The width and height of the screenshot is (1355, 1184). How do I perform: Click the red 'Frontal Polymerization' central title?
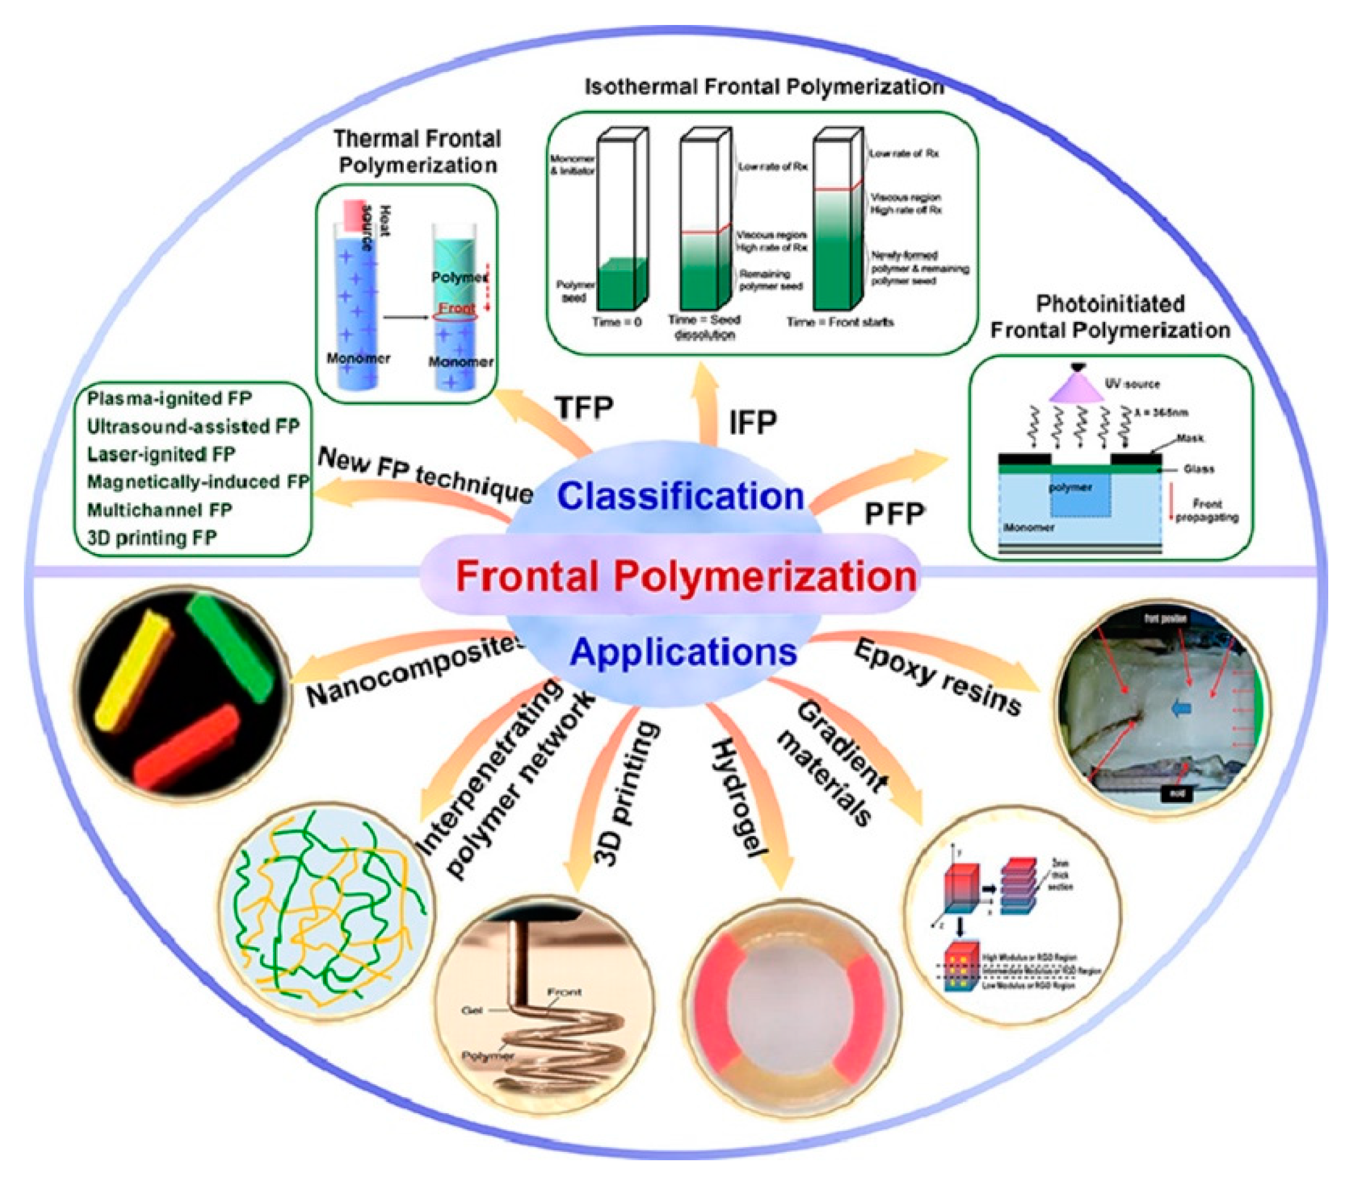[685, 576]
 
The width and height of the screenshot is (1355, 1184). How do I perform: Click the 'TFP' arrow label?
[584, 407]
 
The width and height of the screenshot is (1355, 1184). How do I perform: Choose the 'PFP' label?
[895, 514]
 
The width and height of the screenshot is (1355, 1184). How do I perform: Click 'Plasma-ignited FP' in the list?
[169, 399]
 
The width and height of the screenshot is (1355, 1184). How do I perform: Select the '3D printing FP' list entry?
[152, 538]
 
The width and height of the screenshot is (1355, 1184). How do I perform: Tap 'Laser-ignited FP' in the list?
[161, 455]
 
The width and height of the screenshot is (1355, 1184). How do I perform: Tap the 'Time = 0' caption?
[616, 322]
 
